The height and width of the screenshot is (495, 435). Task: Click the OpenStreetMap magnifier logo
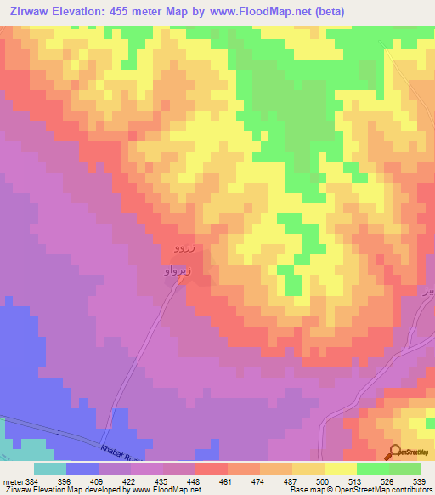click(396, 452)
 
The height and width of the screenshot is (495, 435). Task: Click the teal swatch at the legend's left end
click(50, 469)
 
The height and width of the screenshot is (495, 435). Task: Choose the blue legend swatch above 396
click(82, 469)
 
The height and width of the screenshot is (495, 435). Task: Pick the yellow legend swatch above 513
click(341, 469)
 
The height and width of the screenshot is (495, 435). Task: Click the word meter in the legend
click(12, 481)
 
